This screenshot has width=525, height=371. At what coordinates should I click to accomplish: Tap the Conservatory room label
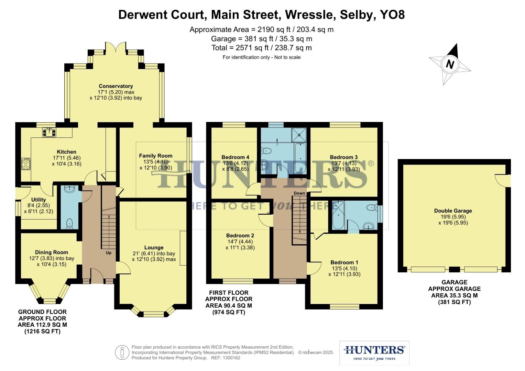pos(116,86)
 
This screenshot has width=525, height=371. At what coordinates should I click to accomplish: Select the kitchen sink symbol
pos(49,132)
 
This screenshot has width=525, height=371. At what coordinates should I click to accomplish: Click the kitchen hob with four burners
pos(26,164)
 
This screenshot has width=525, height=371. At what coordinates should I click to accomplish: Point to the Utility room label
pos(39,200)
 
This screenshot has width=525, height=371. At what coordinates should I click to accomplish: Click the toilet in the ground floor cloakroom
pos(70,223)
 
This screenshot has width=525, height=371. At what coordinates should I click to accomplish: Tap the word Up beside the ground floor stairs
pos(109,253)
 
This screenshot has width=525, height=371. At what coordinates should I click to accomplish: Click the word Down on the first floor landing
pos(299,193)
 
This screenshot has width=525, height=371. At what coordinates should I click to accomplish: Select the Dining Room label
pos(52,252)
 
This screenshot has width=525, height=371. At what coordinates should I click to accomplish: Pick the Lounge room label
pos(154,247)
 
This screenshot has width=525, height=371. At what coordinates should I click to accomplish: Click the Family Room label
pos(155,156)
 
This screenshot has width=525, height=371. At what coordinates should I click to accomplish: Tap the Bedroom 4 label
pos(235,157)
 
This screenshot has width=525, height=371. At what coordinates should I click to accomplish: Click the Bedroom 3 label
pos(343,157)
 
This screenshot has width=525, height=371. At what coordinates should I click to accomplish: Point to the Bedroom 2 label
pos(240,236)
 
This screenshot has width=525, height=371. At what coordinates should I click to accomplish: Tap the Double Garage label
pos(453,211)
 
